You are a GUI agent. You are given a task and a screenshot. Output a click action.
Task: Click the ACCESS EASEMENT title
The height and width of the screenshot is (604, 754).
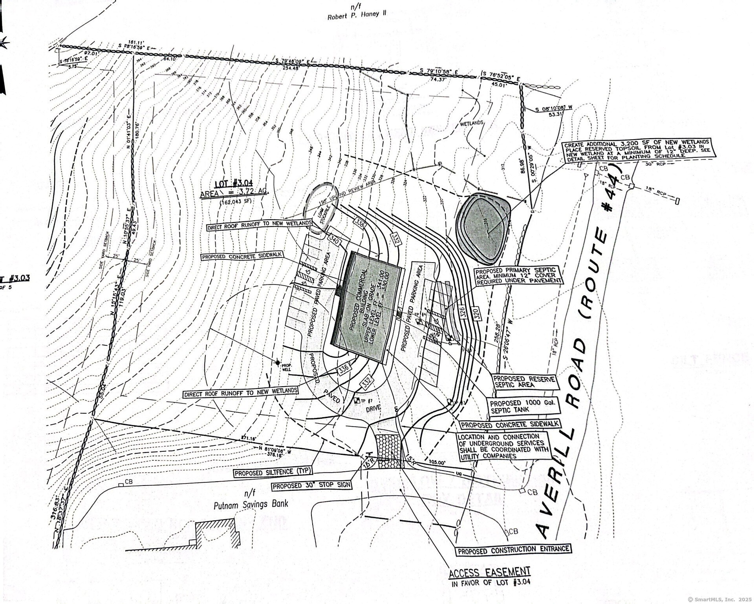[x=489, y=571]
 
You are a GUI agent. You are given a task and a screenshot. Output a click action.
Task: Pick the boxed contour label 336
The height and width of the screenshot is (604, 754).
[x=343, y=369]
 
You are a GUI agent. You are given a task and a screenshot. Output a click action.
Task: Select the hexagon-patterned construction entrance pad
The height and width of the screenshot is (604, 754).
[x=389, y=451]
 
